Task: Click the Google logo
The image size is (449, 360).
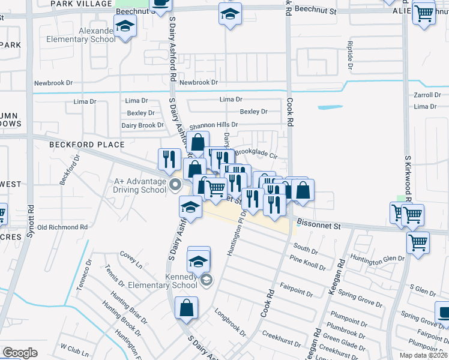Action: pos(20,353)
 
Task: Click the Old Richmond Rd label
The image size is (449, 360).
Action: pos(62,227)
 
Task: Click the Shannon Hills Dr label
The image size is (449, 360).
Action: pos(214,126)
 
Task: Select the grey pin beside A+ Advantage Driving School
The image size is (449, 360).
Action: pos(175,184)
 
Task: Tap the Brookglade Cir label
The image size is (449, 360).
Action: pos(256,153)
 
